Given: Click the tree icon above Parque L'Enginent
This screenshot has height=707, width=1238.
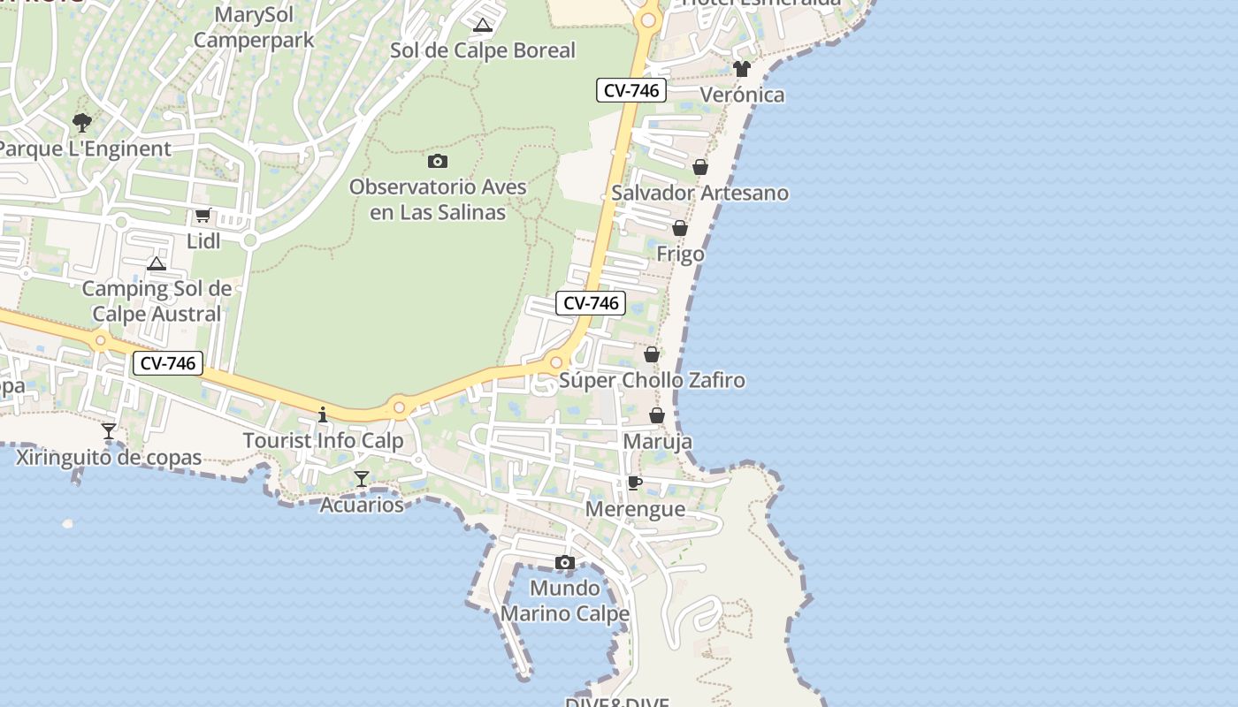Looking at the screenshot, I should (x=82, y=122).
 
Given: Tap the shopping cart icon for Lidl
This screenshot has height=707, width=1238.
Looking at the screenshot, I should (x=203, y=216).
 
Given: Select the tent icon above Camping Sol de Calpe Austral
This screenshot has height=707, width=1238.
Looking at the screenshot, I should (x=157, y=263).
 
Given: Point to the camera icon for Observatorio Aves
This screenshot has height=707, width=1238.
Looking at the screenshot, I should (x=437, y=161).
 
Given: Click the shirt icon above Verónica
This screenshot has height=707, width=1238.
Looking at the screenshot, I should (x=741, y=69).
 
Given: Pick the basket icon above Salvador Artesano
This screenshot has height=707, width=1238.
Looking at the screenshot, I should (x=699, y=167).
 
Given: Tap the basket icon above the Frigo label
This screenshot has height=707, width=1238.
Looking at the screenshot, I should (x=680, y=228).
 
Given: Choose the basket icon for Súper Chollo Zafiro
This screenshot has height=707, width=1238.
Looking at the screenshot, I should (x=652, y=354).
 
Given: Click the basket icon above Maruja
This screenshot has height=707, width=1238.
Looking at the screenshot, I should (x=657, y=415).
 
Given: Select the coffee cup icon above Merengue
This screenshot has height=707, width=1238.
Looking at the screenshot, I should (x=634, y=483).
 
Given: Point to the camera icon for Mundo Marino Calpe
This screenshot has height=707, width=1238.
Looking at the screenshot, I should (x=565, y=562).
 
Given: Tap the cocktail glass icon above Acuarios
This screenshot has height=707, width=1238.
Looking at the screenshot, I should (x=361, y=479).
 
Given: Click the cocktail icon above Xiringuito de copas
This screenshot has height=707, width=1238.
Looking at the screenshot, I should (x=109, y=431).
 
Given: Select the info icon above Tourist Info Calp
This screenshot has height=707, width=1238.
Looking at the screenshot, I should (x=323, y=414).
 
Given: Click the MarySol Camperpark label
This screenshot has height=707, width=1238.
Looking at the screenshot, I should (x=254, y=27).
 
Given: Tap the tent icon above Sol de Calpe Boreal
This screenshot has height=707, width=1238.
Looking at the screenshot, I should (x=482, y=25).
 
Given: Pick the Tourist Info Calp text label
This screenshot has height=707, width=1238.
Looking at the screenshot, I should (x=323, y=440).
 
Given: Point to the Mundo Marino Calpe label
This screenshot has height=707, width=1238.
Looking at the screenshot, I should (x=565, y=600).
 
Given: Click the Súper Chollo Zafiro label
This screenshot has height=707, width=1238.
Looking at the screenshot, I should (x=652, y=381).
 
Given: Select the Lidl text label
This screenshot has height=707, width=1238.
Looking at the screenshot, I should (x=203, y=241).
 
